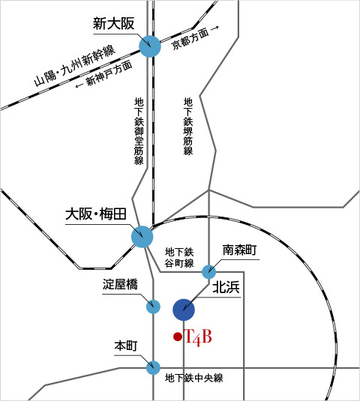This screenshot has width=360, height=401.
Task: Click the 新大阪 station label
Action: tap(113, 24)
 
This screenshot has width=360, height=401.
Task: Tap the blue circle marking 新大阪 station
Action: tap(150, 46)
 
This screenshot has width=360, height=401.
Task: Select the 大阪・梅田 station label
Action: tap(96, 214)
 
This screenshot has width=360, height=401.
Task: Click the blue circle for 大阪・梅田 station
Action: tap(142, 237)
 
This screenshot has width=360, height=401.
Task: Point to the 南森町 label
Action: tap(239, 250)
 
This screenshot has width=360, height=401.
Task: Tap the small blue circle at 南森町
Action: tap(209, 272)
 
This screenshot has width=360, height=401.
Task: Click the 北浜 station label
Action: tap(226, 287)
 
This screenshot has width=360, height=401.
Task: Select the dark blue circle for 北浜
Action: tap(184, 310)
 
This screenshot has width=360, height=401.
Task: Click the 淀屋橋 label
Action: tap(120, 284)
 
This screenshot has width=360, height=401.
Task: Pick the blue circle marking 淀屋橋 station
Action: tap(153, 307)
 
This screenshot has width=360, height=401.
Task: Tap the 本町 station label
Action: tap(126, 346)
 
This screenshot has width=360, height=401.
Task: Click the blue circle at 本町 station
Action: tap(153, 368)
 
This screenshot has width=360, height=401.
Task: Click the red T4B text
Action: tap(198, 337)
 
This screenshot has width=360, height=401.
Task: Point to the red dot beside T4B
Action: tap(178, 337)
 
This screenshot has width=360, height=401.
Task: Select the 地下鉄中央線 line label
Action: tap(194, 378)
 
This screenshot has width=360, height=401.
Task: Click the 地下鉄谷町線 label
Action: tap(179, 258)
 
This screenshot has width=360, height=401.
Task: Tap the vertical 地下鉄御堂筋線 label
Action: tap(139, 131)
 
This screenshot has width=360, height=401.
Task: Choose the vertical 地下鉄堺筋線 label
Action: tap(188, 127)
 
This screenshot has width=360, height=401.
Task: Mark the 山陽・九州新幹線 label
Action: tap(75, 66)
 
